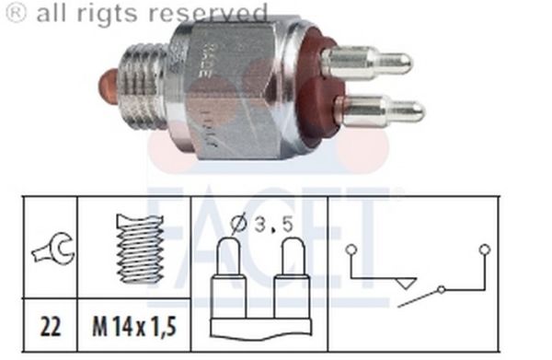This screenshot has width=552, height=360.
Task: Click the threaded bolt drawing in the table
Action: (139, 247)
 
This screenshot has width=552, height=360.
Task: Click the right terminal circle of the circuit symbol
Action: (484, 249)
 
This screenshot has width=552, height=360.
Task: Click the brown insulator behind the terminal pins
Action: (317, 87)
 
